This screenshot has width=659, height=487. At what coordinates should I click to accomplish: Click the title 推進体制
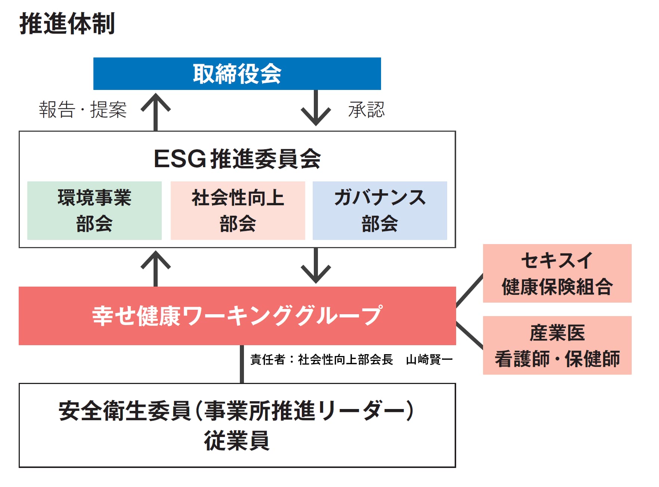[67, 24]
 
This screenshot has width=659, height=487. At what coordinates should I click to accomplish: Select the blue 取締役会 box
[237, 74]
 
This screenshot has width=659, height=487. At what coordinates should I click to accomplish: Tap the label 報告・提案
[83, 110]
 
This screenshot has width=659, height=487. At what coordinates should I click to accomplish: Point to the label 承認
[366, 110]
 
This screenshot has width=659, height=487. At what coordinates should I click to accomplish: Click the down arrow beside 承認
[316, 108]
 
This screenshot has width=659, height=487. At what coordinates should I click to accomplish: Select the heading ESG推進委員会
[237, 159]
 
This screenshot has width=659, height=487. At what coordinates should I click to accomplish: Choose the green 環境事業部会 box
[94, 210]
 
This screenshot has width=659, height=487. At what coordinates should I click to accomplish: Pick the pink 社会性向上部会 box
[238, 210]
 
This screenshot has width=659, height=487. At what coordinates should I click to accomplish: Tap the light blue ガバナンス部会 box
[380, 210]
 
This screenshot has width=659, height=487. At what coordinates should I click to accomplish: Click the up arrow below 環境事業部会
[156, 268]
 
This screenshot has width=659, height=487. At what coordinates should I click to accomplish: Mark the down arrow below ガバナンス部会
[316, 266]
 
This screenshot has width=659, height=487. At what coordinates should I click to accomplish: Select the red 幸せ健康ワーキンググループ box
[237, 316]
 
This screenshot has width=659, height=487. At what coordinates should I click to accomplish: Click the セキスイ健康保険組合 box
[557, 273]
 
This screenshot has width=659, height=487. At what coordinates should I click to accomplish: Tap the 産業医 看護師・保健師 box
[557, 345]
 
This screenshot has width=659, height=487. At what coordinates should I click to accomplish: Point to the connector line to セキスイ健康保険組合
[470, 291]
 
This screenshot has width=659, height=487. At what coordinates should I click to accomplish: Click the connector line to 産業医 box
[470, 335]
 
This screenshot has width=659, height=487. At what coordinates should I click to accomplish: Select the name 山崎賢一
[429, 360]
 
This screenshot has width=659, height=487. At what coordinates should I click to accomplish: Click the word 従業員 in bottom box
[237, 441]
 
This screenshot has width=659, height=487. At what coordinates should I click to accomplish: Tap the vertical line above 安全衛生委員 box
[242, 364]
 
